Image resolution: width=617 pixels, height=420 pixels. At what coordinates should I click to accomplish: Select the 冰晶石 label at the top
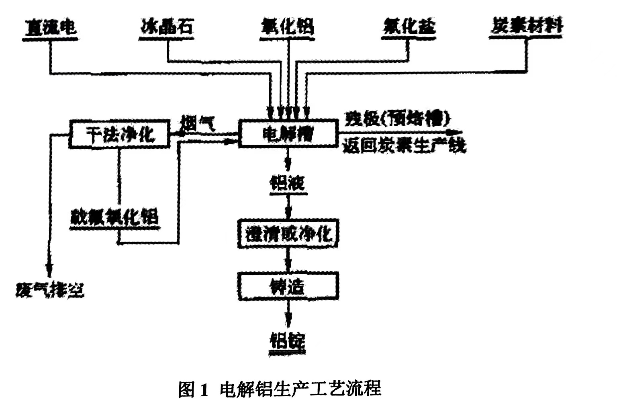coord(167,27)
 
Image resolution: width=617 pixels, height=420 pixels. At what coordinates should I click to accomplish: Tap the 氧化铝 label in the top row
coord(287,27)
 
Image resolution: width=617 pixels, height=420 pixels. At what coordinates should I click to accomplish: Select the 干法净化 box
coord(120,134)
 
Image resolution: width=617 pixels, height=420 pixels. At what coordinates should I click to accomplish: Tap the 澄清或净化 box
coord(288,234)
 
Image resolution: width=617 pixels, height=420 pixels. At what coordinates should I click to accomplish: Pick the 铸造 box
coord(288,286)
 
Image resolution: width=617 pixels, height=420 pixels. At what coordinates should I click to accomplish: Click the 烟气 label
coord(198,122)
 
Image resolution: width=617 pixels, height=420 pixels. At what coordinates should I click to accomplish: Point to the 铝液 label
coord(288,183)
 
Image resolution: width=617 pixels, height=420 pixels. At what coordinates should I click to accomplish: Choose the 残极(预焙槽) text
coord(397,119)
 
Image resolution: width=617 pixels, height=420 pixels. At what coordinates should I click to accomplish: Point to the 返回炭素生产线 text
coord(404,146)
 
